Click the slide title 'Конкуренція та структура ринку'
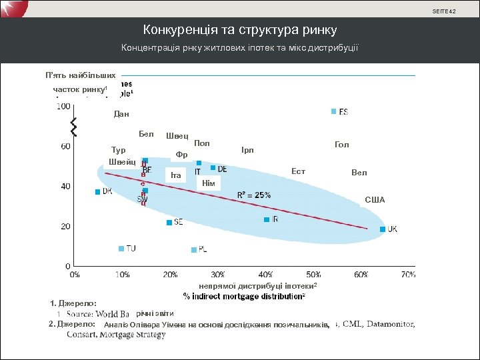click(240, 30)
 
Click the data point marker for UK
click(383, 229)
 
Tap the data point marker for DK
click(97, 191)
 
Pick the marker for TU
click(121, 249)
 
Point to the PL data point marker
click(194, 250)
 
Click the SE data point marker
click(169, 223)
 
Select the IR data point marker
click(267, 219)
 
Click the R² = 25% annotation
click(254, 195)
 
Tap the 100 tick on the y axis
click(65, 106)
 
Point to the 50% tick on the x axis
click(313, 273)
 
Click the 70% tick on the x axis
click(408, 273)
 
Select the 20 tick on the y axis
click(66, 227)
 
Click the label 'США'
click(375, 200)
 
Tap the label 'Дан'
click(121, 114)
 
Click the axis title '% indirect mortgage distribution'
click(244, 295)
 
